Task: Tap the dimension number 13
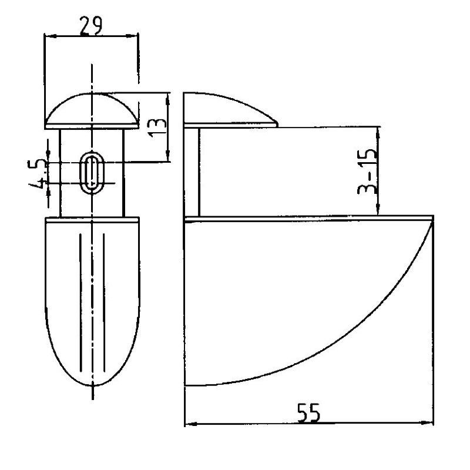[x=157, y=127]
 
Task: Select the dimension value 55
[x=309, y=414]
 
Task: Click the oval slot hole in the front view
[x=92, y=173]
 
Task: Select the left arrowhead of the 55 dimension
[x=190, y=424]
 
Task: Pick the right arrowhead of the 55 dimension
[x=427, y=423]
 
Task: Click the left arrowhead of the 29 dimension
[x=51, y=36]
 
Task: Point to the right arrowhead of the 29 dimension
[x=132, y=36]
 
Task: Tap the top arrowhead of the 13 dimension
[x=167, y=99]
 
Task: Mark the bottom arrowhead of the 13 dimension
[x=168, y=155]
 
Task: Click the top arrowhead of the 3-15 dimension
[x=378, y=133]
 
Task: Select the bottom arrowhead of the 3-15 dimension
[x=378, y=209]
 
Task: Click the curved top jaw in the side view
[x=231, y=110]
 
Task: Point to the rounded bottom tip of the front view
[x=93, y=385]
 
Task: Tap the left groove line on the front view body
[x=80, y=302]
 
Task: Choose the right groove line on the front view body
[x=104, y=302]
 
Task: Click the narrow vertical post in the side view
[x=198, y=172]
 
